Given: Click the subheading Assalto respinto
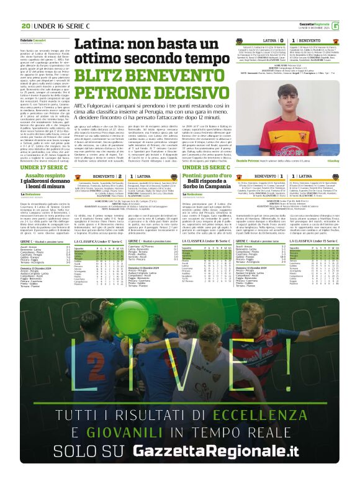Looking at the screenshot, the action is (45, 176).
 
